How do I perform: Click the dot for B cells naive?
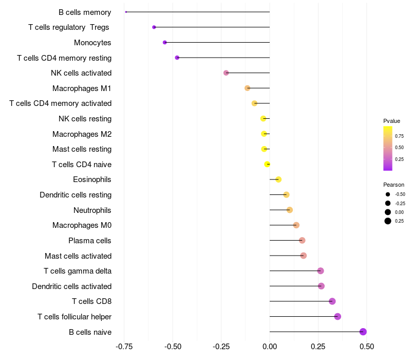pyautogui.click(x=363, y=332)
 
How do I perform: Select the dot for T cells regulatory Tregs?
pyautogui.click(x=154, y=27)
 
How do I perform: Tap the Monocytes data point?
pyautogui.click(x=164, y=42)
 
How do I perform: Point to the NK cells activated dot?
pyautogui.click(x=226, y=73)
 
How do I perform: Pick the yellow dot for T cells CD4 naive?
pyautogui.click(x=267, y=164)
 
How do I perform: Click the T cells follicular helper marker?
pyautogui.click(x=338, y=316)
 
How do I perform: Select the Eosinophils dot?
pyautogui.click(x=278, y=179)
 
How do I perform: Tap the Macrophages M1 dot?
pyautogui.click(x=248, y=88)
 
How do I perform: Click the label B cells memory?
pyautogui.click(x=85, y=12)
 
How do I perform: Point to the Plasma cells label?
pyautogui.click(x=90, y=240)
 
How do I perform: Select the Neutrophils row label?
pyautogui.click(x=92, y=210)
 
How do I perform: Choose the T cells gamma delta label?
pyautogui.click(x=78, y=271)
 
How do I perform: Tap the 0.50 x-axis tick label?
pyautogui.click(x=366, y=347)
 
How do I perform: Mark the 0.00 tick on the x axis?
pyautogui.click(x=270, y=347)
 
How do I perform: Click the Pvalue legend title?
pyautogui.click(x=391, y=121)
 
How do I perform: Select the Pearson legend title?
pyautogui.click(x=394, y=184)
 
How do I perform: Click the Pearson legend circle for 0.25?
pyautogui.click(x=387, y=221)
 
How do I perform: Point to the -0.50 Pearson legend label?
pyautogui.click(x=400, y=194)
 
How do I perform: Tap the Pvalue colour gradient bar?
pyautogui.click(x=387, y=148)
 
